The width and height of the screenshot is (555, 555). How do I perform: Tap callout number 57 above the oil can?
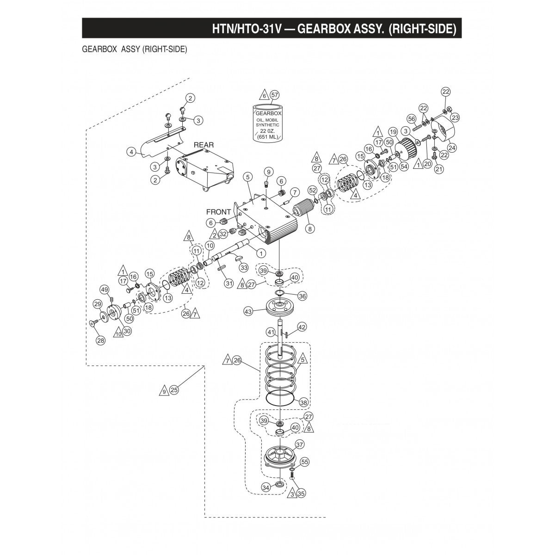[x=275, y=95]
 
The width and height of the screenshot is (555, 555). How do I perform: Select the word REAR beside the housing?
[x=203, y=145]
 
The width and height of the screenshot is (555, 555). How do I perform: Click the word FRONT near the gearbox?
[x=218, y=212]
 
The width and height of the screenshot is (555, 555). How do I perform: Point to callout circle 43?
[x=249, y=312]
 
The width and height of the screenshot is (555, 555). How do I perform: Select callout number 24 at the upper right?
[x=451, y=148]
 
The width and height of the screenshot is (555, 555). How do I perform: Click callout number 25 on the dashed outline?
[x=174, y=390]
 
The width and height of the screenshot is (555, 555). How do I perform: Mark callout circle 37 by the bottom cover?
[x=300, y=444]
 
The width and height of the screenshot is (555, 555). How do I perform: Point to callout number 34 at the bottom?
[x=265, y=487]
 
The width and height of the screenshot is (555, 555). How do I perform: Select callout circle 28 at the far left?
[x=100, y=340]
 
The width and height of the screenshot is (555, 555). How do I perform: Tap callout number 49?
[x=105, y=290]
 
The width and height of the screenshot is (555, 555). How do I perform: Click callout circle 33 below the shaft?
[x=243, y=267]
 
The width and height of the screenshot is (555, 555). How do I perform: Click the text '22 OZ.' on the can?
[x=269, y=131]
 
